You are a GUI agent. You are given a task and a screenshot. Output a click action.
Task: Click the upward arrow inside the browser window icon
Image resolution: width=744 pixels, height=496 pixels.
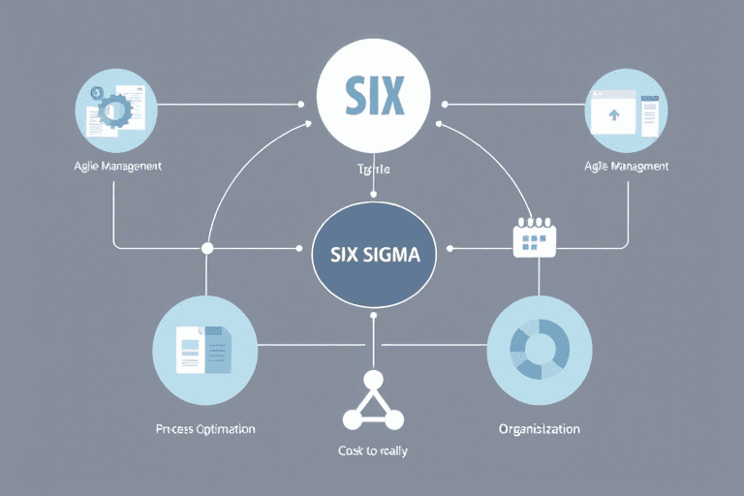pyautogui.click(x=611, y=115)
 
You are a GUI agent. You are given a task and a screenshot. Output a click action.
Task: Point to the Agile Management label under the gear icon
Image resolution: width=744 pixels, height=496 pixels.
pyautogui.click(x=115, y=166)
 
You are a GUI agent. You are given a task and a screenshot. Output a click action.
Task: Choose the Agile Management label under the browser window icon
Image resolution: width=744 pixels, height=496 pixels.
pyautogui.click(x=627, y=166)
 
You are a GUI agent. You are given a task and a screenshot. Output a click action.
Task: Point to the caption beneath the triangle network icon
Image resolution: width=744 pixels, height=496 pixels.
pyautogui.click(x=372, y=451)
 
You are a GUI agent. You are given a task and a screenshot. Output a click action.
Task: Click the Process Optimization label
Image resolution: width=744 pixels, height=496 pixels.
pyautogui.click(x=206, y=427)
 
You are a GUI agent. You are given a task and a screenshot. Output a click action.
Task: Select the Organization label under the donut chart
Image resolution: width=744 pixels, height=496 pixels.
pyautogui.click(x=539, y=427)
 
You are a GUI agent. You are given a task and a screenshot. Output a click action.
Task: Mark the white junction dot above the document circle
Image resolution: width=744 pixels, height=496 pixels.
pyautogui.click(x=206, y=248)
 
